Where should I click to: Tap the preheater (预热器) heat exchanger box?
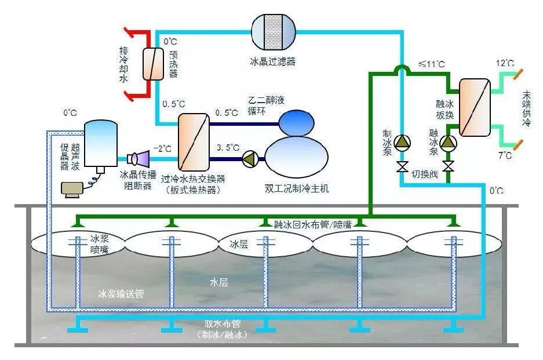coord(154,63)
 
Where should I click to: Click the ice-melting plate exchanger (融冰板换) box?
coord(475,107)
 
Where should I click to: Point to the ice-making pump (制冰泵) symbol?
coord(402,143)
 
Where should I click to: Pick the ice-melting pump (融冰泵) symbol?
coord(448,143)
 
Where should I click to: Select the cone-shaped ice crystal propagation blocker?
coord(139,157)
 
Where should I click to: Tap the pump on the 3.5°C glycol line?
coord(250,158)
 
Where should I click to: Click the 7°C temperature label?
coord(505,155)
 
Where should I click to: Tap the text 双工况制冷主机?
coord(296,188)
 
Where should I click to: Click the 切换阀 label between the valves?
coord(425,174)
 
